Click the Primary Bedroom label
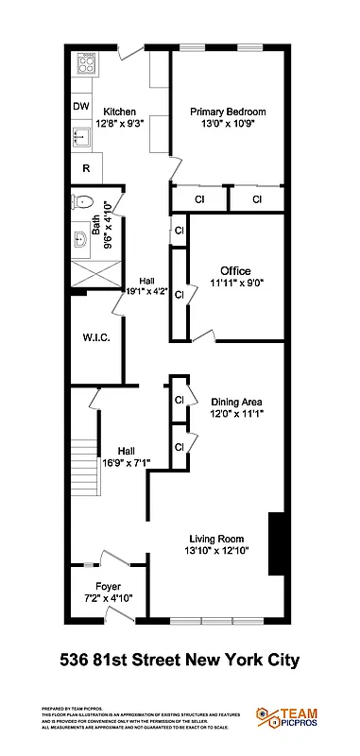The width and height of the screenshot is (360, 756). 227,112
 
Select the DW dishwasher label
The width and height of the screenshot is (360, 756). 81,107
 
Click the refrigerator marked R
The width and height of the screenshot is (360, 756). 86,169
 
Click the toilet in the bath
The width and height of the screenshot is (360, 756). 81,201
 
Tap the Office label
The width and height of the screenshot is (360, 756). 235,271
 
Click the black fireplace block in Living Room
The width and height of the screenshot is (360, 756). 277,542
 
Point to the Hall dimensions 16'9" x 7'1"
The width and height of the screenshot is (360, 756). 128,462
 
